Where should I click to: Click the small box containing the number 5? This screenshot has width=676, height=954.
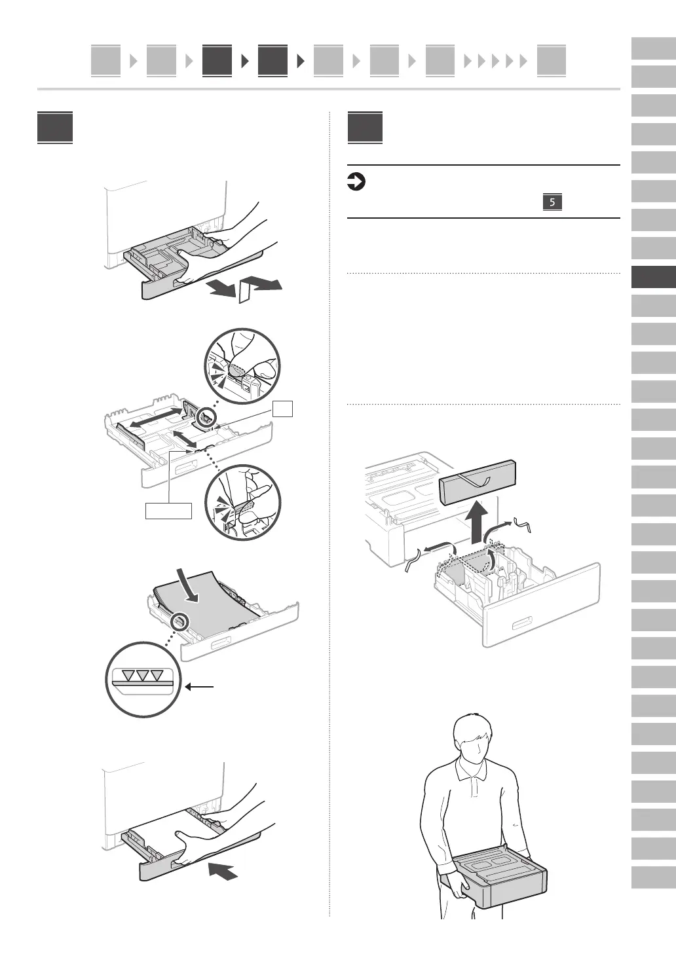click(x=552, y=202)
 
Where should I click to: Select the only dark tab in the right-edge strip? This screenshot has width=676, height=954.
click(x=653, y=277)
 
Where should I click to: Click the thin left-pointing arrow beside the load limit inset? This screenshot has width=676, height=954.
click(x=200, y=687)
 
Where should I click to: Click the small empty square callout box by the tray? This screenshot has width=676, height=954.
click(x=283, y=409)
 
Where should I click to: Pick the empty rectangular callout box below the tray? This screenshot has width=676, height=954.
click(x=169, y=510)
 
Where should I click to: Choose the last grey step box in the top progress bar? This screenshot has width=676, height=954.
click(x=551, y=61)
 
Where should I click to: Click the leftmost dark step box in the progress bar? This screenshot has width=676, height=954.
click(x=217, y=61)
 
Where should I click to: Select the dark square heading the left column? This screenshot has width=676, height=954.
click(x=55, y=128)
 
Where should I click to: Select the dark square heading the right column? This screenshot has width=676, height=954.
click(x=365, y=128)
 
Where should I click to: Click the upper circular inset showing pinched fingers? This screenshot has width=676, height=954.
click(x=242, y=365)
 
